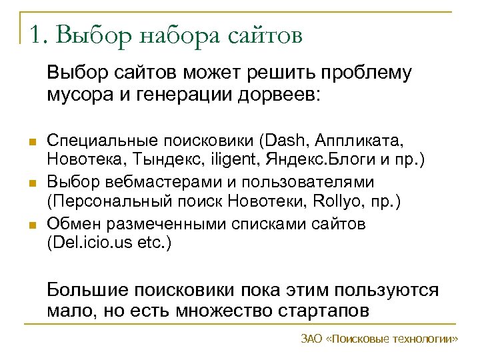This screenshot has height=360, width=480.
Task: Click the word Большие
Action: tap(87, 291)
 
